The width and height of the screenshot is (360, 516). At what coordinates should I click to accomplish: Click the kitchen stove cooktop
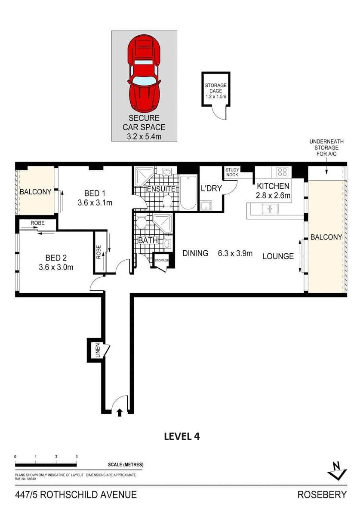[x=282, y=172]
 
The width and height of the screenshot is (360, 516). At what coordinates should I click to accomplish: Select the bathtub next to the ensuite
[x=188, y=193]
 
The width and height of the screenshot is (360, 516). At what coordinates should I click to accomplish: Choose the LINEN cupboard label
[x=97, y=350]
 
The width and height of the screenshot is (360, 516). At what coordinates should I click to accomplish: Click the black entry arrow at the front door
[x=120, y=413]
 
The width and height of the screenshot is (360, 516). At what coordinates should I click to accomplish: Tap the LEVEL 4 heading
[x=182, y=436]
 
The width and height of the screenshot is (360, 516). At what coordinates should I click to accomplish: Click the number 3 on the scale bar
[x=77, y=457]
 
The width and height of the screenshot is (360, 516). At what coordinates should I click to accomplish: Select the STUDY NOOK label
[x=232, y=172]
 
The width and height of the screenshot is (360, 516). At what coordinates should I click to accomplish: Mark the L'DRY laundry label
[x=211, y=188]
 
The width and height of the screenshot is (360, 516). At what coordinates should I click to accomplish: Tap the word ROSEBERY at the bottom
[x=321, y=495]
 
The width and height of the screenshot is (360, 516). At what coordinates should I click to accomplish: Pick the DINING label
[x=195, y=253]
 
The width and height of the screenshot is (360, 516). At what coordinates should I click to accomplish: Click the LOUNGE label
[x=278, y=256]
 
